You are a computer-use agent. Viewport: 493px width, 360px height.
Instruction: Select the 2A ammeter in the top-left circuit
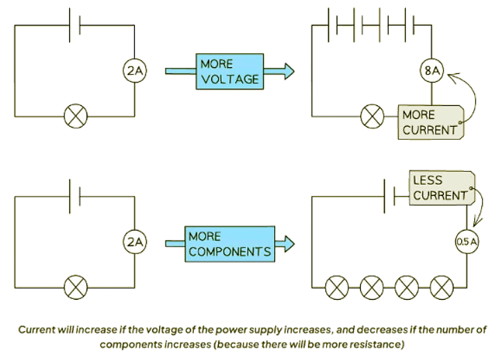click(134, 70)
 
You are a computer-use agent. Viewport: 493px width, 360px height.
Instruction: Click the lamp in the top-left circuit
click(74, 116)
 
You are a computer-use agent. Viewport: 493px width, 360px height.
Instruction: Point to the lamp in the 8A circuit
click(372, 116)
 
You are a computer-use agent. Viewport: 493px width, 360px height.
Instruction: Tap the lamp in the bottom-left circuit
click(74, 286)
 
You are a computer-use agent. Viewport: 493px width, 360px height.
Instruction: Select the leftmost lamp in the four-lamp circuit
click(337, 286)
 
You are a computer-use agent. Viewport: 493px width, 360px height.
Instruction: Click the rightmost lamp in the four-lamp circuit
click(441, 286)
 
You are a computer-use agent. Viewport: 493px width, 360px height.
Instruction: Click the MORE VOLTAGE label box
click(229, 71)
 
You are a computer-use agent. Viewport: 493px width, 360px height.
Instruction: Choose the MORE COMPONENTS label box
click(229, 243)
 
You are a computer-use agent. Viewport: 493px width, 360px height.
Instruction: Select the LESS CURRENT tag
click(440, 188)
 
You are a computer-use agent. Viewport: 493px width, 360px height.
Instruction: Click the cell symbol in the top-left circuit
click(74, 26)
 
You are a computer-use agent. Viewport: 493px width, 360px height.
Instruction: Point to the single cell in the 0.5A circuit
click(390, 196)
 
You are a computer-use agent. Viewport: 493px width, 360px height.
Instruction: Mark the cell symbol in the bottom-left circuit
click(74, 196)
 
